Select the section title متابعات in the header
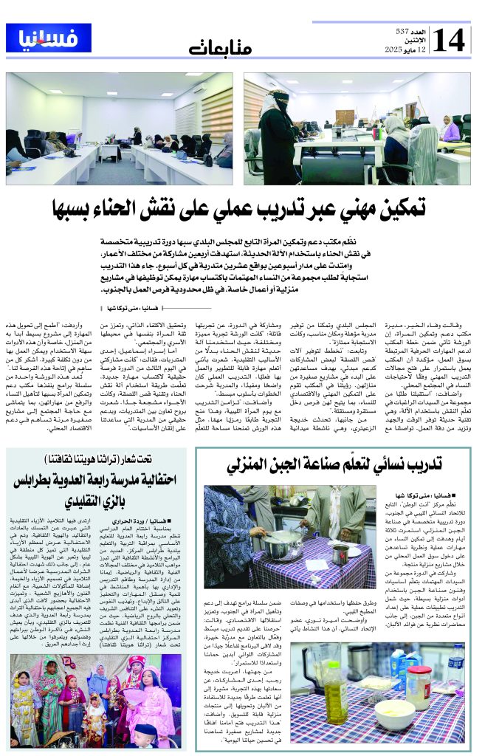click(219, 50)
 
